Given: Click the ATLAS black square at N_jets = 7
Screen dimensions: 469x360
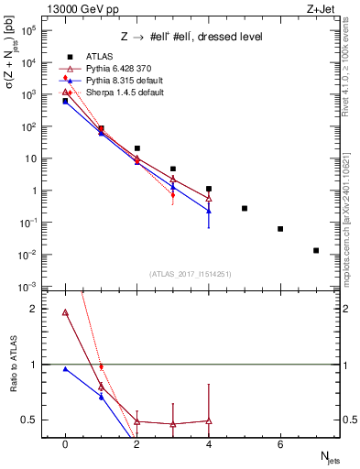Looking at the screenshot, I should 316,250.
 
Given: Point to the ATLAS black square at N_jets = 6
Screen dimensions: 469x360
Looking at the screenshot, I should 280,229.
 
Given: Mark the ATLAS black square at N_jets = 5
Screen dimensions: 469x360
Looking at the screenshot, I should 245,208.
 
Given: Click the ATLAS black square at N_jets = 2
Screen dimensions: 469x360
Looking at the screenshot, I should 136,147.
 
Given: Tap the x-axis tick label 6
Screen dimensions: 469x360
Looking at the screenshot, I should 280,444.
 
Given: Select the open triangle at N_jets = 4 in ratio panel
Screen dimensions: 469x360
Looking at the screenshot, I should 209,420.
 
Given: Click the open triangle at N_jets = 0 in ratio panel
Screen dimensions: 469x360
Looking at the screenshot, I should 65,312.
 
